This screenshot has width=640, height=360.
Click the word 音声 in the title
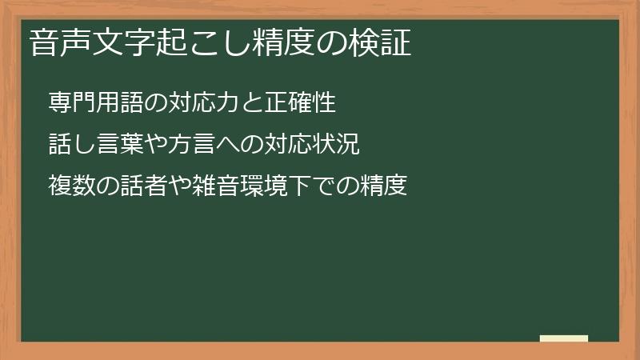[x=56, y=43]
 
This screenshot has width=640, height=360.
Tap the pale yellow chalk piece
[x=563, y=338]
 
